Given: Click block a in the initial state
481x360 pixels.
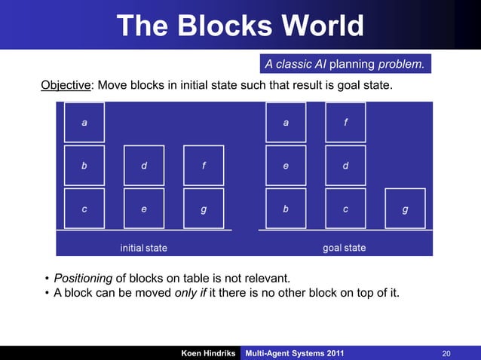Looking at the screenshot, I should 84,122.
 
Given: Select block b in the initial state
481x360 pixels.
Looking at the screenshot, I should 84,165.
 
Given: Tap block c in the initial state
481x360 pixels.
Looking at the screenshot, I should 84,208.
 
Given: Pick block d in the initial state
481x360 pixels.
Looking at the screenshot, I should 144,165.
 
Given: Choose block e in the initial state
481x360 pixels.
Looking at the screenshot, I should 144,208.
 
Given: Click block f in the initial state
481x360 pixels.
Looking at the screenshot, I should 204,165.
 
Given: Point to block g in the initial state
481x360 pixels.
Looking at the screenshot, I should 204,208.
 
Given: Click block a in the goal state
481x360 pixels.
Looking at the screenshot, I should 286,122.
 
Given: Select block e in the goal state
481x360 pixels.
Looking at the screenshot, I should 286,165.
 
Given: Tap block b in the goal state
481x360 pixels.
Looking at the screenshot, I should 286,208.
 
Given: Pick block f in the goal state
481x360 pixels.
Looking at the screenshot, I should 345,122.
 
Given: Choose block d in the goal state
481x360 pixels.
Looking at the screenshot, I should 345,165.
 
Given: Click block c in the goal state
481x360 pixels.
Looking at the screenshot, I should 345,208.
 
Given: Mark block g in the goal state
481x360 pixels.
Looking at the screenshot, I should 406,208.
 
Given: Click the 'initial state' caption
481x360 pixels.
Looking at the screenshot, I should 144,247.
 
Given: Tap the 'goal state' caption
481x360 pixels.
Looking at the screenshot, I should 345,247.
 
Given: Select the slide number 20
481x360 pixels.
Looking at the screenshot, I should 446,353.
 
